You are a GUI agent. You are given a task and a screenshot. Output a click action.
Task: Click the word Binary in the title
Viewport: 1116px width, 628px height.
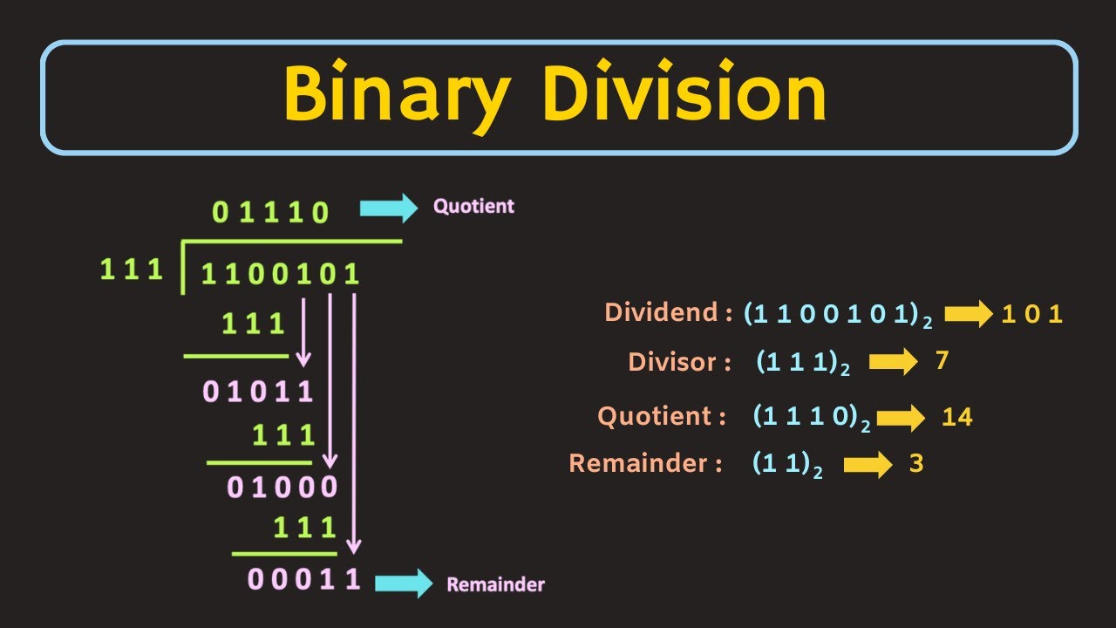[395, 96]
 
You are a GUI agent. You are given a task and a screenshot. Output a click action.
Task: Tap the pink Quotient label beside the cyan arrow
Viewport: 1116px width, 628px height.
[473, 207]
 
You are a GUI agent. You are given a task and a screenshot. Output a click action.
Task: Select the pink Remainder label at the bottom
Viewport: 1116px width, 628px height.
[495, 584]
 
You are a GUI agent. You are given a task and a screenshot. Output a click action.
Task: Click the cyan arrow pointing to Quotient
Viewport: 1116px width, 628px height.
[389, 208]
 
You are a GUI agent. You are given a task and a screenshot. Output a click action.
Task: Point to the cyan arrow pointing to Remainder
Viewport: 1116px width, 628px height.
[402, 583]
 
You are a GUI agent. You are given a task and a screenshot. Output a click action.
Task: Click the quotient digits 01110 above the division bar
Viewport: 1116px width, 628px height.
[271, 212]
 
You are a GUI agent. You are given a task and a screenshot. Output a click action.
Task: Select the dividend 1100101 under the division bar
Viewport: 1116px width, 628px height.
[280, 275]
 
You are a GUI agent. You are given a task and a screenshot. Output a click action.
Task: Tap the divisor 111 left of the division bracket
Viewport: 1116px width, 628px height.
[132, 270]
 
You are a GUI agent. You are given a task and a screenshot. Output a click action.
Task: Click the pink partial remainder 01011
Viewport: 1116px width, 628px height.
[257, 392]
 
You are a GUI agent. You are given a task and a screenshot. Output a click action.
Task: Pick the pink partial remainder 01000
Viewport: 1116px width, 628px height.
[282, 487]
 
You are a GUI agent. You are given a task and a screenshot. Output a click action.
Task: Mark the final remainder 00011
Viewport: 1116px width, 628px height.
[303, 580]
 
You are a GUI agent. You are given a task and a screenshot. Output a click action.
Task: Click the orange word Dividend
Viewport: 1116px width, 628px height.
[663, 313]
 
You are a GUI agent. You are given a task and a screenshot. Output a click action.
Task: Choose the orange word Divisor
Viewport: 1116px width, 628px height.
[679, 362]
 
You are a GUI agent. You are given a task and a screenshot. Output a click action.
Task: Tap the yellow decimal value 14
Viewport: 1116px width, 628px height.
[956, 418]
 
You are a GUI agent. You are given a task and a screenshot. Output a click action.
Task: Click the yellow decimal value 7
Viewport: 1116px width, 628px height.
[941, 360]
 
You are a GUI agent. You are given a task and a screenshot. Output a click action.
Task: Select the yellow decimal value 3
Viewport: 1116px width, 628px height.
[915, 464]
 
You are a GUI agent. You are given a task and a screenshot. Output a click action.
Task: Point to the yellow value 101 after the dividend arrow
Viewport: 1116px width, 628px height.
[1031, 315]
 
